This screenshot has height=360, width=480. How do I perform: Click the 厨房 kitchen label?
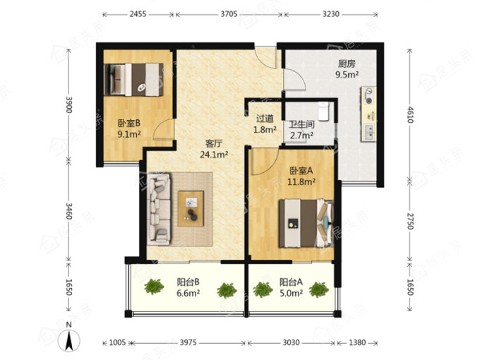[347, 64]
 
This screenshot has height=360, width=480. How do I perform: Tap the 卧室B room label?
[129, 123]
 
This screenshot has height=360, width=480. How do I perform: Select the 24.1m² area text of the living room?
[214, 155]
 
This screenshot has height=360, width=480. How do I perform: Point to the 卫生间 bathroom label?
[302, 124]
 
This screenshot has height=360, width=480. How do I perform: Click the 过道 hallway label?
[265, 118]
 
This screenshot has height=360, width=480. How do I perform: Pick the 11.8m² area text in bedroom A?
[301, 182]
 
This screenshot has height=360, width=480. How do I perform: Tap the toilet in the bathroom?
[323, 111]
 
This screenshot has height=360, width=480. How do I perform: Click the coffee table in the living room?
[191, 208]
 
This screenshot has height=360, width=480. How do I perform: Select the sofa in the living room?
[159, 209]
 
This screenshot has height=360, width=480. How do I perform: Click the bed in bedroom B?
[133, 80]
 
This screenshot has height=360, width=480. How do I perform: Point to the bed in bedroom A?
[306, 223]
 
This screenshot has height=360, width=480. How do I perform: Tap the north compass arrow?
[69, 340]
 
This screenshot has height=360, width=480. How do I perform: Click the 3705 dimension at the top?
[229, 14]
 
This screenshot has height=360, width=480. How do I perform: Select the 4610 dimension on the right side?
[410, 115]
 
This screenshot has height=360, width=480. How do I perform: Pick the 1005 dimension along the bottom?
[118, 342]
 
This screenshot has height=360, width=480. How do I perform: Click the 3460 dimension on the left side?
[68, 211]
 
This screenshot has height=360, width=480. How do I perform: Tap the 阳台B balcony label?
[188, 282]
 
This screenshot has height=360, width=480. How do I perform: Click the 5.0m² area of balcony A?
[291, 293]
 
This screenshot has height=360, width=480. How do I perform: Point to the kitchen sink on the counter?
[368, 133]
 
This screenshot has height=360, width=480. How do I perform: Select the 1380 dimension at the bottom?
[357, 342]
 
